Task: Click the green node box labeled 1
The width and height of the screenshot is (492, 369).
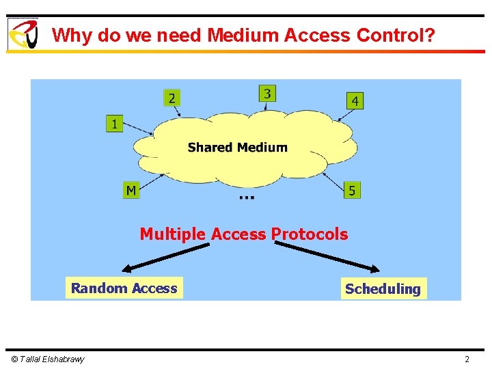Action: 113,124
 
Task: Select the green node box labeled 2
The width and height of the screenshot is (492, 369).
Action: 172,98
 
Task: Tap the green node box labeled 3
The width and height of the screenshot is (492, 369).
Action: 267,93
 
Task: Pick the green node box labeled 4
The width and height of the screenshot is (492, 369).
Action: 354,100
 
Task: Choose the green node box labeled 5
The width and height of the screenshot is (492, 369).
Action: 351,190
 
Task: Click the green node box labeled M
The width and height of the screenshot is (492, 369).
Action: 131,189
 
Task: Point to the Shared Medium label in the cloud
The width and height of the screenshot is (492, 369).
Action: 237,147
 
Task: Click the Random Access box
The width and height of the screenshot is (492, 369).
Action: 124,288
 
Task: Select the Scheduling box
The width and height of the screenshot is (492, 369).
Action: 383,289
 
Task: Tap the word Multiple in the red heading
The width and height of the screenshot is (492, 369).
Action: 172,234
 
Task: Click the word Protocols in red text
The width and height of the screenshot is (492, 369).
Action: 310,234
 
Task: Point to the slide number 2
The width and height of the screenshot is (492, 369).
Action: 467,359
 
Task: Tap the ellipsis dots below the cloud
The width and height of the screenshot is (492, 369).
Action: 247,197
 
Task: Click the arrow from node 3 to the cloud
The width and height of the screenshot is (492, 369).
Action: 268,107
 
